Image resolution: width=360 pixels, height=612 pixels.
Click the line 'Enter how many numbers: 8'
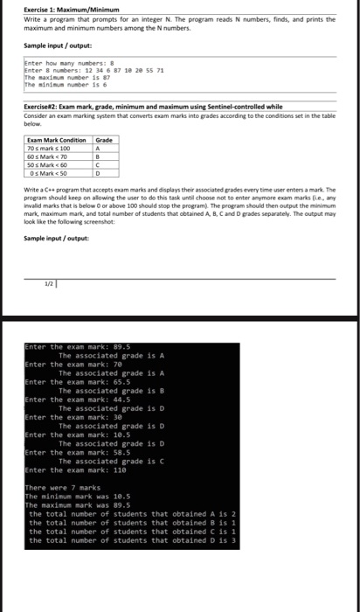click(66, 64)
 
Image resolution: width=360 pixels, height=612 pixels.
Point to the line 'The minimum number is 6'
click(66, 85)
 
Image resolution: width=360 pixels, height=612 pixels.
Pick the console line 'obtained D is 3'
click(126, 540)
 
